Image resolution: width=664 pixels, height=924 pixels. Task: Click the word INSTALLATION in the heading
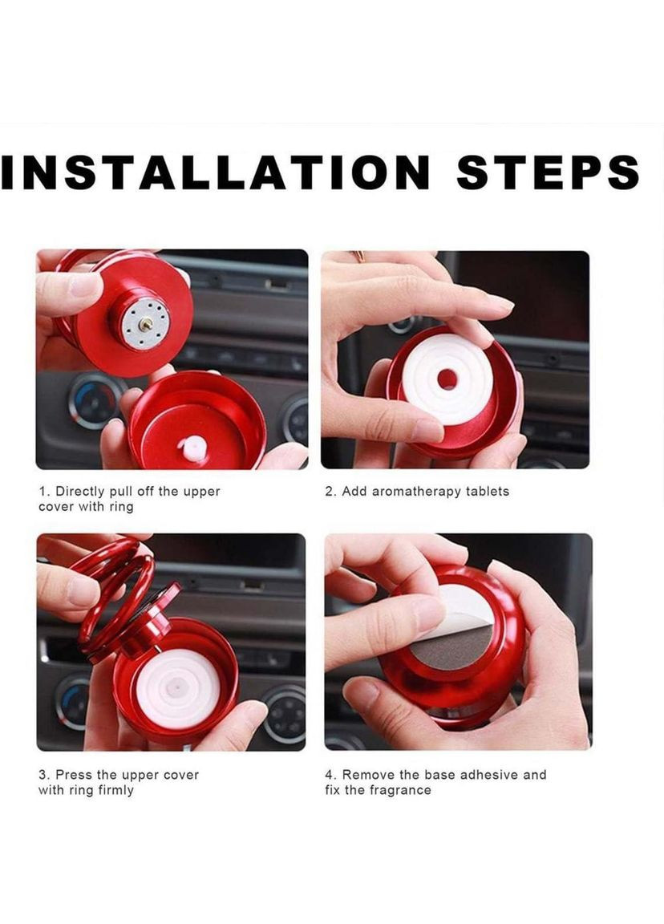(x=215, y=172)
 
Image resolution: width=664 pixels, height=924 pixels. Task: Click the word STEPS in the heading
(x=548, y=172)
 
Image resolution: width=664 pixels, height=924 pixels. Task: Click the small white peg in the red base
(x=192, y=449)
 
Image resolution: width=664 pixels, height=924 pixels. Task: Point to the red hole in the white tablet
(x=447, y=379)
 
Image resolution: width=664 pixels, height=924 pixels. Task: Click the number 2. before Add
(x=330, y=492)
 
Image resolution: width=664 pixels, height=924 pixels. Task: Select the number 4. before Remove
(x=330, y=775)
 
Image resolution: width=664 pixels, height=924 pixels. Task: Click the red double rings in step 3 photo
(x=115, y=595)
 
